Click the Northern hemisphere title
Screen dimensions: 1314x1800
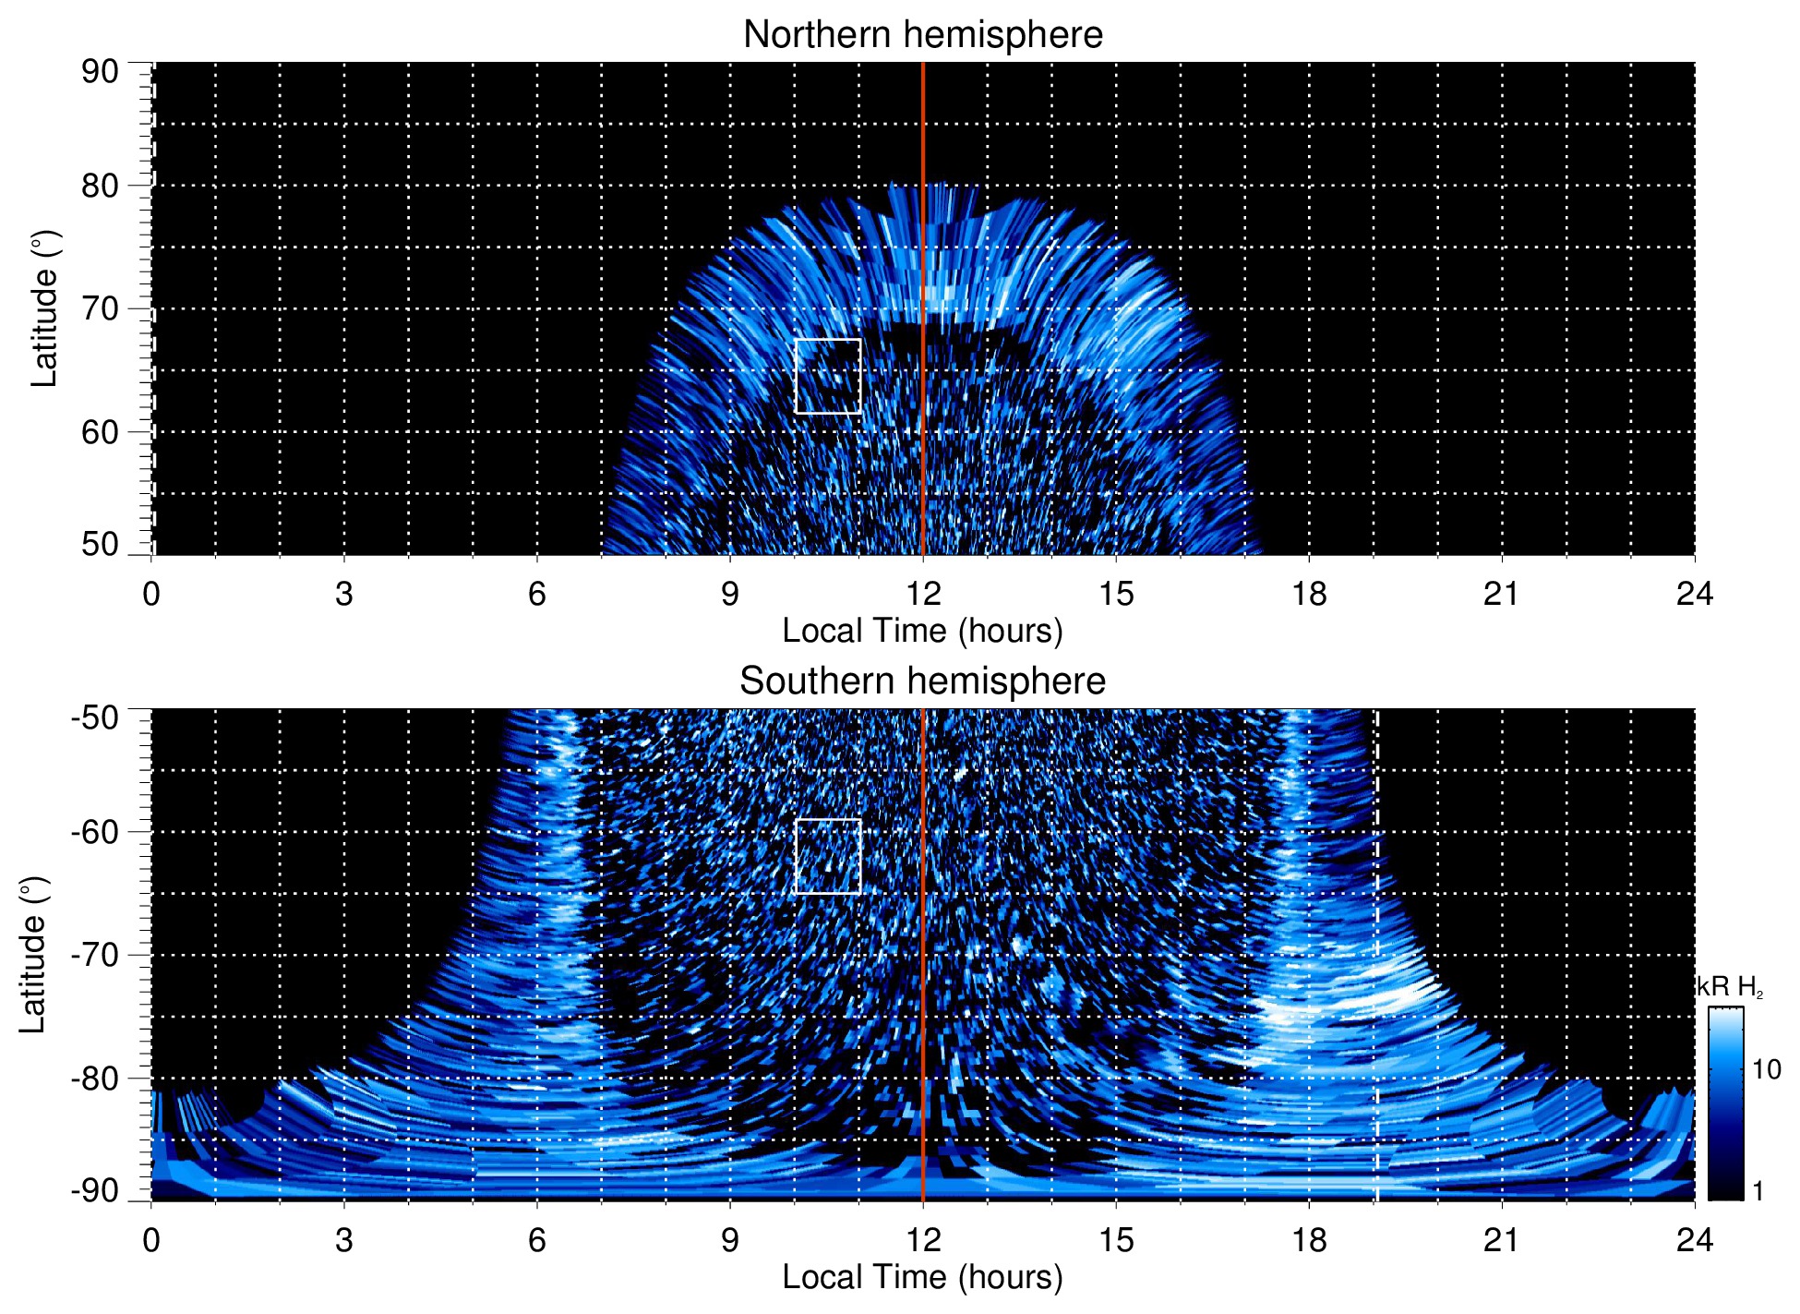point(922,35)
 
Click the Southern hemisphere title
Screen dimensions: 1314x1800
point(922,681)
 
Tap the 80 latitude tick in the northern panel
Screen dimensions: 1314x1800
point(100,186)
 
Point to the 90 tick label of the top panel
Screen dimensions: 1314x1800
point(100,72)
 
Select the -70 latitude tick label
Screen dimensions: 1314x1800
point(95,955)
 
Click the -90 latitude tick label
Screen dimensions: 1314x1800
point(95,1191)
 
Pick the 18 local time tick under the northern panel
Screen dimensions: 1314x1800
point(1309,594)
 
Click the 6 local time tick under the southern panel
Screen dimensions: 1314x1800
point(536,1240)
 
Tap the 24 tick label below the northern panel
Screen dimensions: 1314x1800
point(1694,594)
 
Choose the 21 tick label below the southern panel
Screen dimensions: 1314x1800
point(1501,1240)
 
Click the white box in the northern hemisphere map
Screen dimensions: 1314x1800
point(828,376)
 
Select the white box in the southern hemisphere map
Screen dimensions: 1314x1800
point(828,856)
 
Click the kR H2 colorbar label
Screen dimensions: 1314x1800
point(1731,987)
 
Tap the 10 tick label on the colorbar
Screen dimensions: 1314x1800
point(1766,1070)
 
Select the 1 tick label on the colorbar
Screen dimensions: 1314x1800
point(1758,1191)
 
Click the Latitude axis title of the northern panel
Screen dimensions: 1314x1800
point(44,308)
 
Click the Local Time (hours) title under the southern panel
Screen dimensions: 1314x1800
point(922,1277)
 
